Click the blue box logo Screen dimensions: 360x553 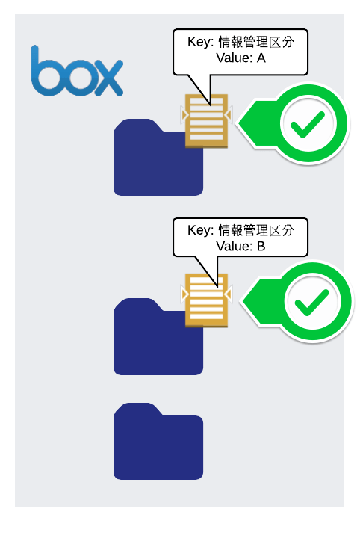click(x=77, y=71)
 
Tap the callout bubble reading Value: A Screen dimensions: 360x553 click(x=240, y=52)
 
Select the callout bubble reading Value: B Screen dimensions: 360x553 click(x=240, y=238)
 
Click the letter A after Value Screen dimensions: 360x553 click(x=261, y=58)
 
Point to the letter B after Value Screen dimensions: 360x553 click(x=261, y=246)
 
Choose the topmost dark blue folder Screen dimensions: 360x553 click(x=158, y=157)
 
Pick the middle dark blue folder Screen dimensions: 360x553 click(x=158, y=336)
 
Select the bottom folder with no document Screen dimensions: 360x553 click(x=158, y=441)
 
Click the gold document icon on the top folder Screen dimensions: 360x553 click(x=206, y=121)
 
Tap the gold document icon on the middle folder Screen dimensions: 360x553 click(x=206, y=300)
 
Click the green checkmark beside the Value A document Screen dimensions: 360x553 click(x=308, y=124)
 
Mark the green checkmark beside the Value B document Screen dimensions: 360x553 click(x=312, y=302)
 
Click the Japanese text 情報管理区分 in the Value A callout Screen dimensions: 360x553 click(x=256, y=42)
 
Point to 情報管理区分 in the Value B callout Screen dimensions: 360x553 click(x=256, y=230)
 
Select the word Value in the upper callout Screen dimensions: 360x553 click(x=233, y=58)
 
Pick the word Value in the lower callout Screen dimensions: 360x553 click(x=233, y=246)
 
